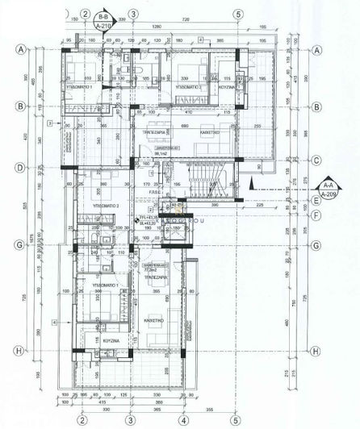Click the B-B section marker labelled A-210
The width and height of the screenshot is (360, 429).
click(103, 22)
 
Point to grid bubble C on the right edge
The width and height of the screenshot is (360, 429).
click(317, 160)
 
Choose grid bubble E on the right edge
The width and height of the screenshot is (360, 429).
click(317, 203)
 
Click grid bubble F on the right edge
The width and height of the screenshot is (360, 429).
click(317, 215)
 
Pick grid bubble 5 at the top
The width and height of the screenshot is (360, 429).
click(237, 14)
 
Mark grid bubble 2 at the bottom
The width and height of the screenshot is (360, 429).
click(82, 419)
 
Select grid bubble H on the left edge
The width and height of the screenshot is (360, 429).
click(19, 351)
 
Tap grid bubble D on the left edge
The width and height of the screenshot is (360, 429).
click(19, 168)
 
